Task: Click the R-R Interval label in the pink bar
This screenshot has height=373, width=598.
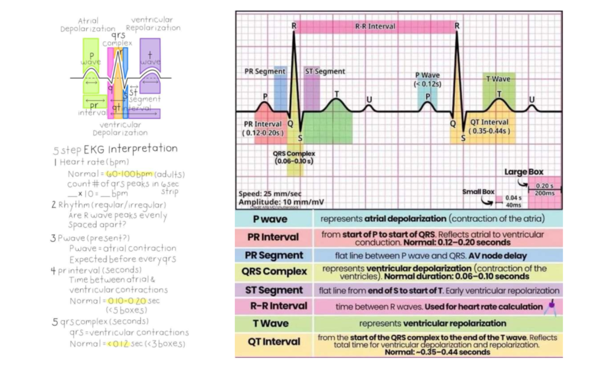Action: pyautogui.click(x=375, y=26)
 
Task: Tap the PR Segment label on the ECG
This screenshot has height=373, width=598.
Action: pyautogui.click(x=265, y=72)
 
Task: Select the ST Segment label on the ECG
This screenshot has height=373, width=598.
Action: pyautogui.click(x=325, y=72)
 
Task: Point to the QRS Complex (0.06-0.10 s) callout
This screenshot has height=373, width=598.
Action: pyautogui.click(x=294, y=157)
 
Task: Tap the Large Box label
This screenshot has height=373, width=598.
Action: pyautogui.click(x=524, y=172)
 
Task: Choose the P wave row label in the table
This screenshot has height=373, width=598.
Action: pyautogui.click(x=270, y=219)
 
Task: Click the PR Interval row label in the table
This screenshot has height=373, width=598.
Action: pyautogui.click(x=273, y=237)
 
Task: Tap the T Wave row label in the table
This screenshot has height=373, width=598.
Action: pyautogui.click(x=271, y=323)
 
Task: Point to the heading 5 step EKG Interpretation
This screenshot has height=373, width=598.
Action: pyautogui.click(x=115, y=149)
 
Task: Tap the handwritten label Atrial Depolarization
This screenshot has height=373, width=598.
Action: pyautogui.click(x=88, y=25)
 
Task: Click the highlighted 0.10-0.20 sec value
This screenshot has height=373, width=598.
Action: pyautogui.click(x=127, y=301)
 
